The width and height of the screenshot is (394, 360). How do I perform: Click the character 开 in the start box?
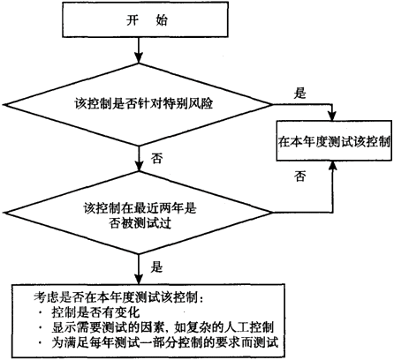tap(133, 20)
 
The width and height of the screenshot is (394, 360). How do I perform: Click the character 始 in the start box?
tap(162, 20)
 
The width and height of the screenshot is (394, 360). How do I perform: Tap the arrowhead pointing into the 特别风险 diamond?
tap(139, 57)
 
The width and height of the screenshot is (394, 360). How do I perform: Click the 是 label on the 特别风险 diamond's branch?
tap(299, 94)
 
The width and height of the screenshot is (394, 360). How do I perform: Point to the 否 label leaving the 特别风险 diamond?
tap(156, 159)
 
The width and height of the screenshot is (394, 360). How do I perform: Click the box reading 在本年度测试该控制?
tap(334, 140)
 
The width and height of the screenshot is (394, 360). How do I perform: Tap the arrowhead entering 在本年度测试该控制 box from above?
tap(333, 116)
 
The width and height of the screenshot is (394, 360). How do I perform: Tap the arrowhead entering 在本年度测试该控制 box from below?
tap(333, 166)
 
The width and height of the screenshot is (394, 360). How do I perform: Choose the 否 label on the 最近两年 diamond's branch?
tap(299, 176)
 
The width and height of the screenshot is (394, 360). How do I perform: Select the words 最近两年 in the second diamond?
tap(158, 208)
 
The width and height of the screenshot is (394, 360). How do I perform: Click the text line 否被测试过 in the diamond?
tap(140, 224)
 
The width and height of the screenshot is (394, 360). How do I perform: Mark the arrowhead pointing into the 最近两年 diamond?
tap(139, 166)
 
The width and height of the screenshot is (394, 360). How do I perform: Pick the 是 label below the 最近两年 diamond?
tap(156, 267)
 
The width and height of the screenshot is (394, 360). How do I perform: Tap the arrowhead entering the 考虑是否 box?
tap(139, 279)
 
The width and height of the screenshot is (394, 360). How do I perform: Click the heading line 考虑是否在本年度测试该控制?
tap(117, 297)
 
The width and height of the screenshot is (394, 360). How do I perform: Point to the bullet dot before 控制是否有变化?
tap(41, 312)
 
